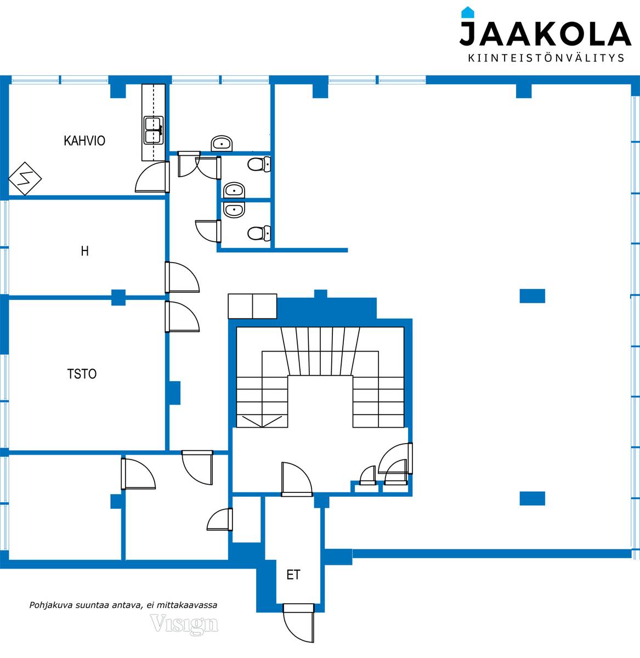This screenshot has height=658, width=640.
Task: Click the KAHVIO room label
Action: coord(84,141)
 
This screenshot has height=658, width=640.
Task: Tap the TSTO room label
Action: coord(82,374)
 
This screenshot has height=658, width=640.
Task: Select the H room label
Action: coord(85,251)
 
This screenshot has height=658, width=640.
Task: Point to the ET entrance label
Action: coord(293,575)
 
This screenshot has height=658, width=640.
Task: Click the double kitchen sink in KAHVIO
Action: coord(154,130)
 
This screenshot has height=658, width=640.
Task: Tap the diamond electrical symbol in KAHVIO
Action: coord(25,179)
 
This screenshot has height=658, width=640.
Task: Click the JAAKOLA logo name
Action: coord(545,33)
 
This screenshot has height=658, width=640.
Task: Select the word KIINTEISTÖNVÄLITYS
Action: coord(546,58)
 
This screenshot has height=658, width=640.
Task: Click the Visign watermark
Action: coord(184,623)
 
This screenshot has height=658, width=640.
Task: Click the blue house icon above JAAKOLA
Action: coord(468,12)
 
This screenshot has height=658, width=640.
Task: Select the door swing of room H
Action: coord(182,277)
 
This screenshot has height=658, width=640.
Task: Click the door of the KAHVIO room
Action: coord(152,177)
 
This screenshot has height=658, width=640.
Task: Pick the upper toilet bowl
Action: coord(259,164)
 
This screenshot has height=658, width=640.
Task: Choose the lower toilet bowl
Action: coord(259,233)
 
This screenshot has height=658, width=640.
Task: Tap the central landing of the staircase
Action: coord(320,401)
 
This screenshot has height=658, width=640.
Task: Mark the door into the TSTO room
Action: coord(182,317)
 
